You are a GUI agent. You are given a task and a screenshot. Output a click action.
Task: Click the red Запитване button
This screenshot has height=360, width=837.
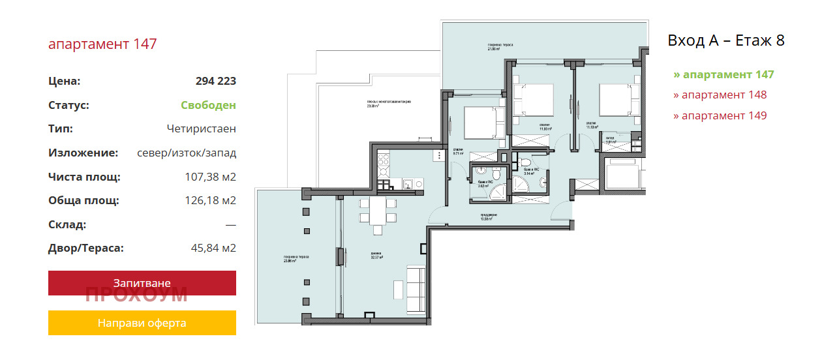coord(142,283)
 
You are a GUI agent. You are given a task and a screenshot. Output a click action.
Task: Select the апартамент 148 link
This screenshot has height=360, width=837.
coord(720,95)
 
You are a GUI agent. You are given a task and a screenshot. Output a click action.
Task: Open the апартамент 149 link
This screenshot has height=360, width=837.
coord(720,115)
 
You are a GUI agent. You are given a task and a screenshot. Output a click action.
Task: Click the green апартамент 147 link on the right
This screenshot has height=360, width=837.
coord(723,74)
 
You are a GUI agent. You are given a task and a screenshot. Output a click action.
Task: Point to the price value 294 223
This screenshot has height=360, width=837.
coord(215,82)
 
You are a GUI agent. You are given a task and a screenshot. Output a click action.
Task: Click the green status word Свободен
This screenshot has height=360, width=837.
coord(208,105)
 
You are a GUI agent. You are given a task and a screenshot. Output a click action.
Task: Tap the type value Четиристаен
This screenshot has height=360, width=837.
coord(201,129)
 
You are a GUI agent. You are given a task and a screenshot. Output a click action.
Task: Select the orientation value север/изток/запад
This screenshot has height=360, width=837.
coord(186,153)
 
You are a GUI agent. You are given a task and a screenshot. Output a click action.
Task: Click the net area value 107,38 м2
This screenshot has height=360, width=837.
coord(210,177)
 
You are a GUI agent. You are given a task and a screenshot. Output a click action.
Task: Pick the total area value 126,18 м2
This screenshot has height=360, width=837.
coord(210,200)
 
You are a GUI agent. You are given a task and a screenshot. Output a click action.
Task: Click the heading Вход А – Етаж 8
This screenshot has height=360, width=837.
coord(725,40)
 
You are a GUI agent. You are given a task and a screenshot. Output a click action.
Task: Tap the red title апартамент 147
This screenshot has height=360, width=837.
coord(102,44)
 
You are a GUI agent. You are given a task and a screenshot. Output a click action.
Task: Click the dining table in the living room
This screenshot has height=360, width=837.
coord(377,212)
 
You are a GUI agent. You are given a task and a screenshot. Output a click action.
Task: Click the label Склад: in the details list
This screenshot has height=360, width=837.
coord(67,224)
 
